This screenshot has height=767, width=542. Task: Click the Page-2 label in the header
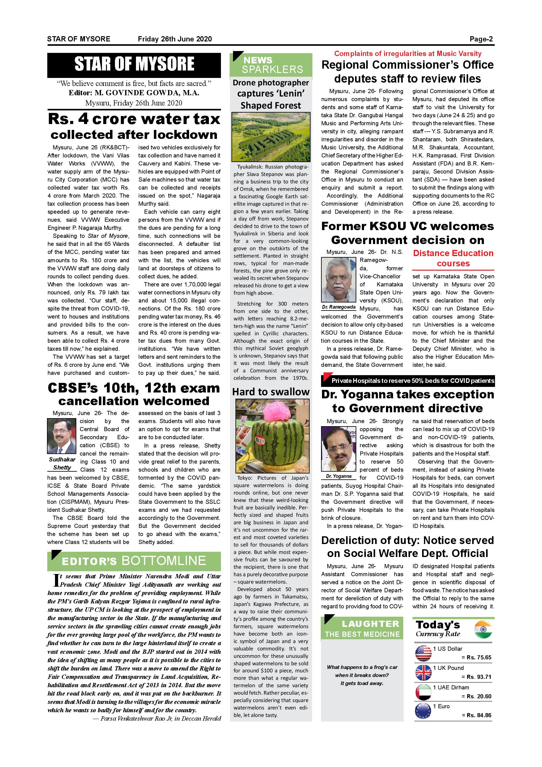tap(481, 39)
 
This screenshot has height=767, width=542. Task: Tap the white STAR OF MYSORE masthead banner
tap(134, 64)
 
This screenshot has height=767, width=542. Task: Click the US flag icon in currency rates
tap(423, 653)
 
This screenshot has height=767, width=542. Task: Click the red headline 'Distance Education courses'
tap(453, 258)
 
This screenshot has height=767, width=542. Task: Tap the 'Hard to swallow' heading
tap(271, 392)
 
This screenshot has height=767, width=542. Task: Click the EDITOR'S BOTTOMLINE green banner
tap(134, 561)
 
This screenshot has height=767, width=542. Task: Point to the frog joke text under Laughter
tap(362, 675)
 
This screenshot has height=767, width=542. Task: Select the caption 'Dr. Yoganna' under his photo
tap(338, 476)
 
